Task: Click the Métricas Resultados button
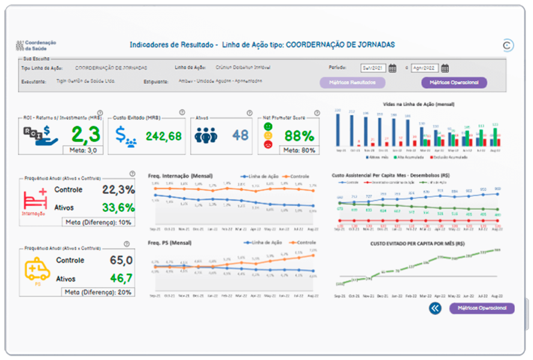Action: [x=353, y=83]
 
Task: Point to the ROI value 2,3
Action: [x=86, y=135]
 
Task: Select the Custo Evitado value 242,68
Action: [x=163, y=136]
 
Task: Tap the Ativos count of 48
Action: [x=240, y=135]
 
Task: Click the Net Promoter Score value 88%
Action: [x=299, y=136]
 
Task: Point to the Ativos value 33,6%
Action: [x=118, y=208]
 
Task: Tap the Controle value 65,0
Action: [x=121, y=260]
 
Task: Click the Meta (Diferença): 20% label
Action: [x=98, y=292]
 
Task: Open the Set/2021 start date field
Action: [x=373, y=68]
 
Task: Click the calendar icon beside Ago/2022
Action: [x=445, y=68]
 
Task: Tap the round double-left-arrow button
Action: [x=435, y=308]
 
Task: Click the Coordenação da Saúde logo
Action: [x=36, y=45]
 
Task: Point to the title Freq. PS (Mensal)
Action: [x=170, y=243]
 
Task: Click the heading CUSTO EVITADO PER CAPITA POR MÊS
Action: [x=417, y=243]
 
